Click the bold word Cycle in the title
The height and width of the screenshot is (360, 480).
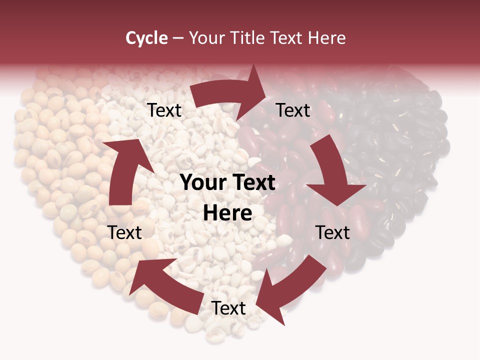146,38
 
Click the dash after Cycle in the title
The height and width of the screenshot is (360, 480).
178,38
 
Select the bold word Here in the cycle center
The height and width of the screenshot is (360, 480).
227,213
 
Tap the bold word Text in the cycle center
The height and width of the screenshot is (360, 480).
252,183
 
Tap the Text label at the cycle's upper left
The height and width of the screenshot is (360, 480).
164,110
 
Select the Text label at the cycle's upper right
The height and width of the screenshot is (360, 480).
293,110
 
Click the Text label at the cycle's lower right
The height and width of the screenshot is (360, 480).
332,232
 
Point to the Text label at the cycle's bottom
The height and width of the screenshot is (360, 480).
228,308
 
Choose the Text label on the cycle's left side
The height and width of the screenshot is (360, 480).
124,232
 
